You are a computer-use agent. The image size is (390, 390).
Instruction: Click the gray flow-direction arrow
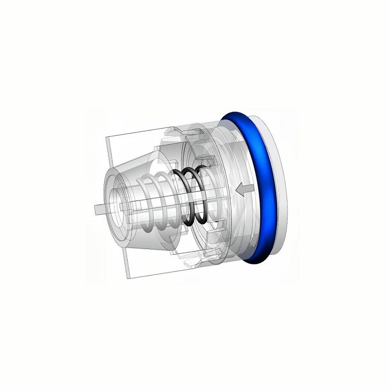click(x=243, y=189)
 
